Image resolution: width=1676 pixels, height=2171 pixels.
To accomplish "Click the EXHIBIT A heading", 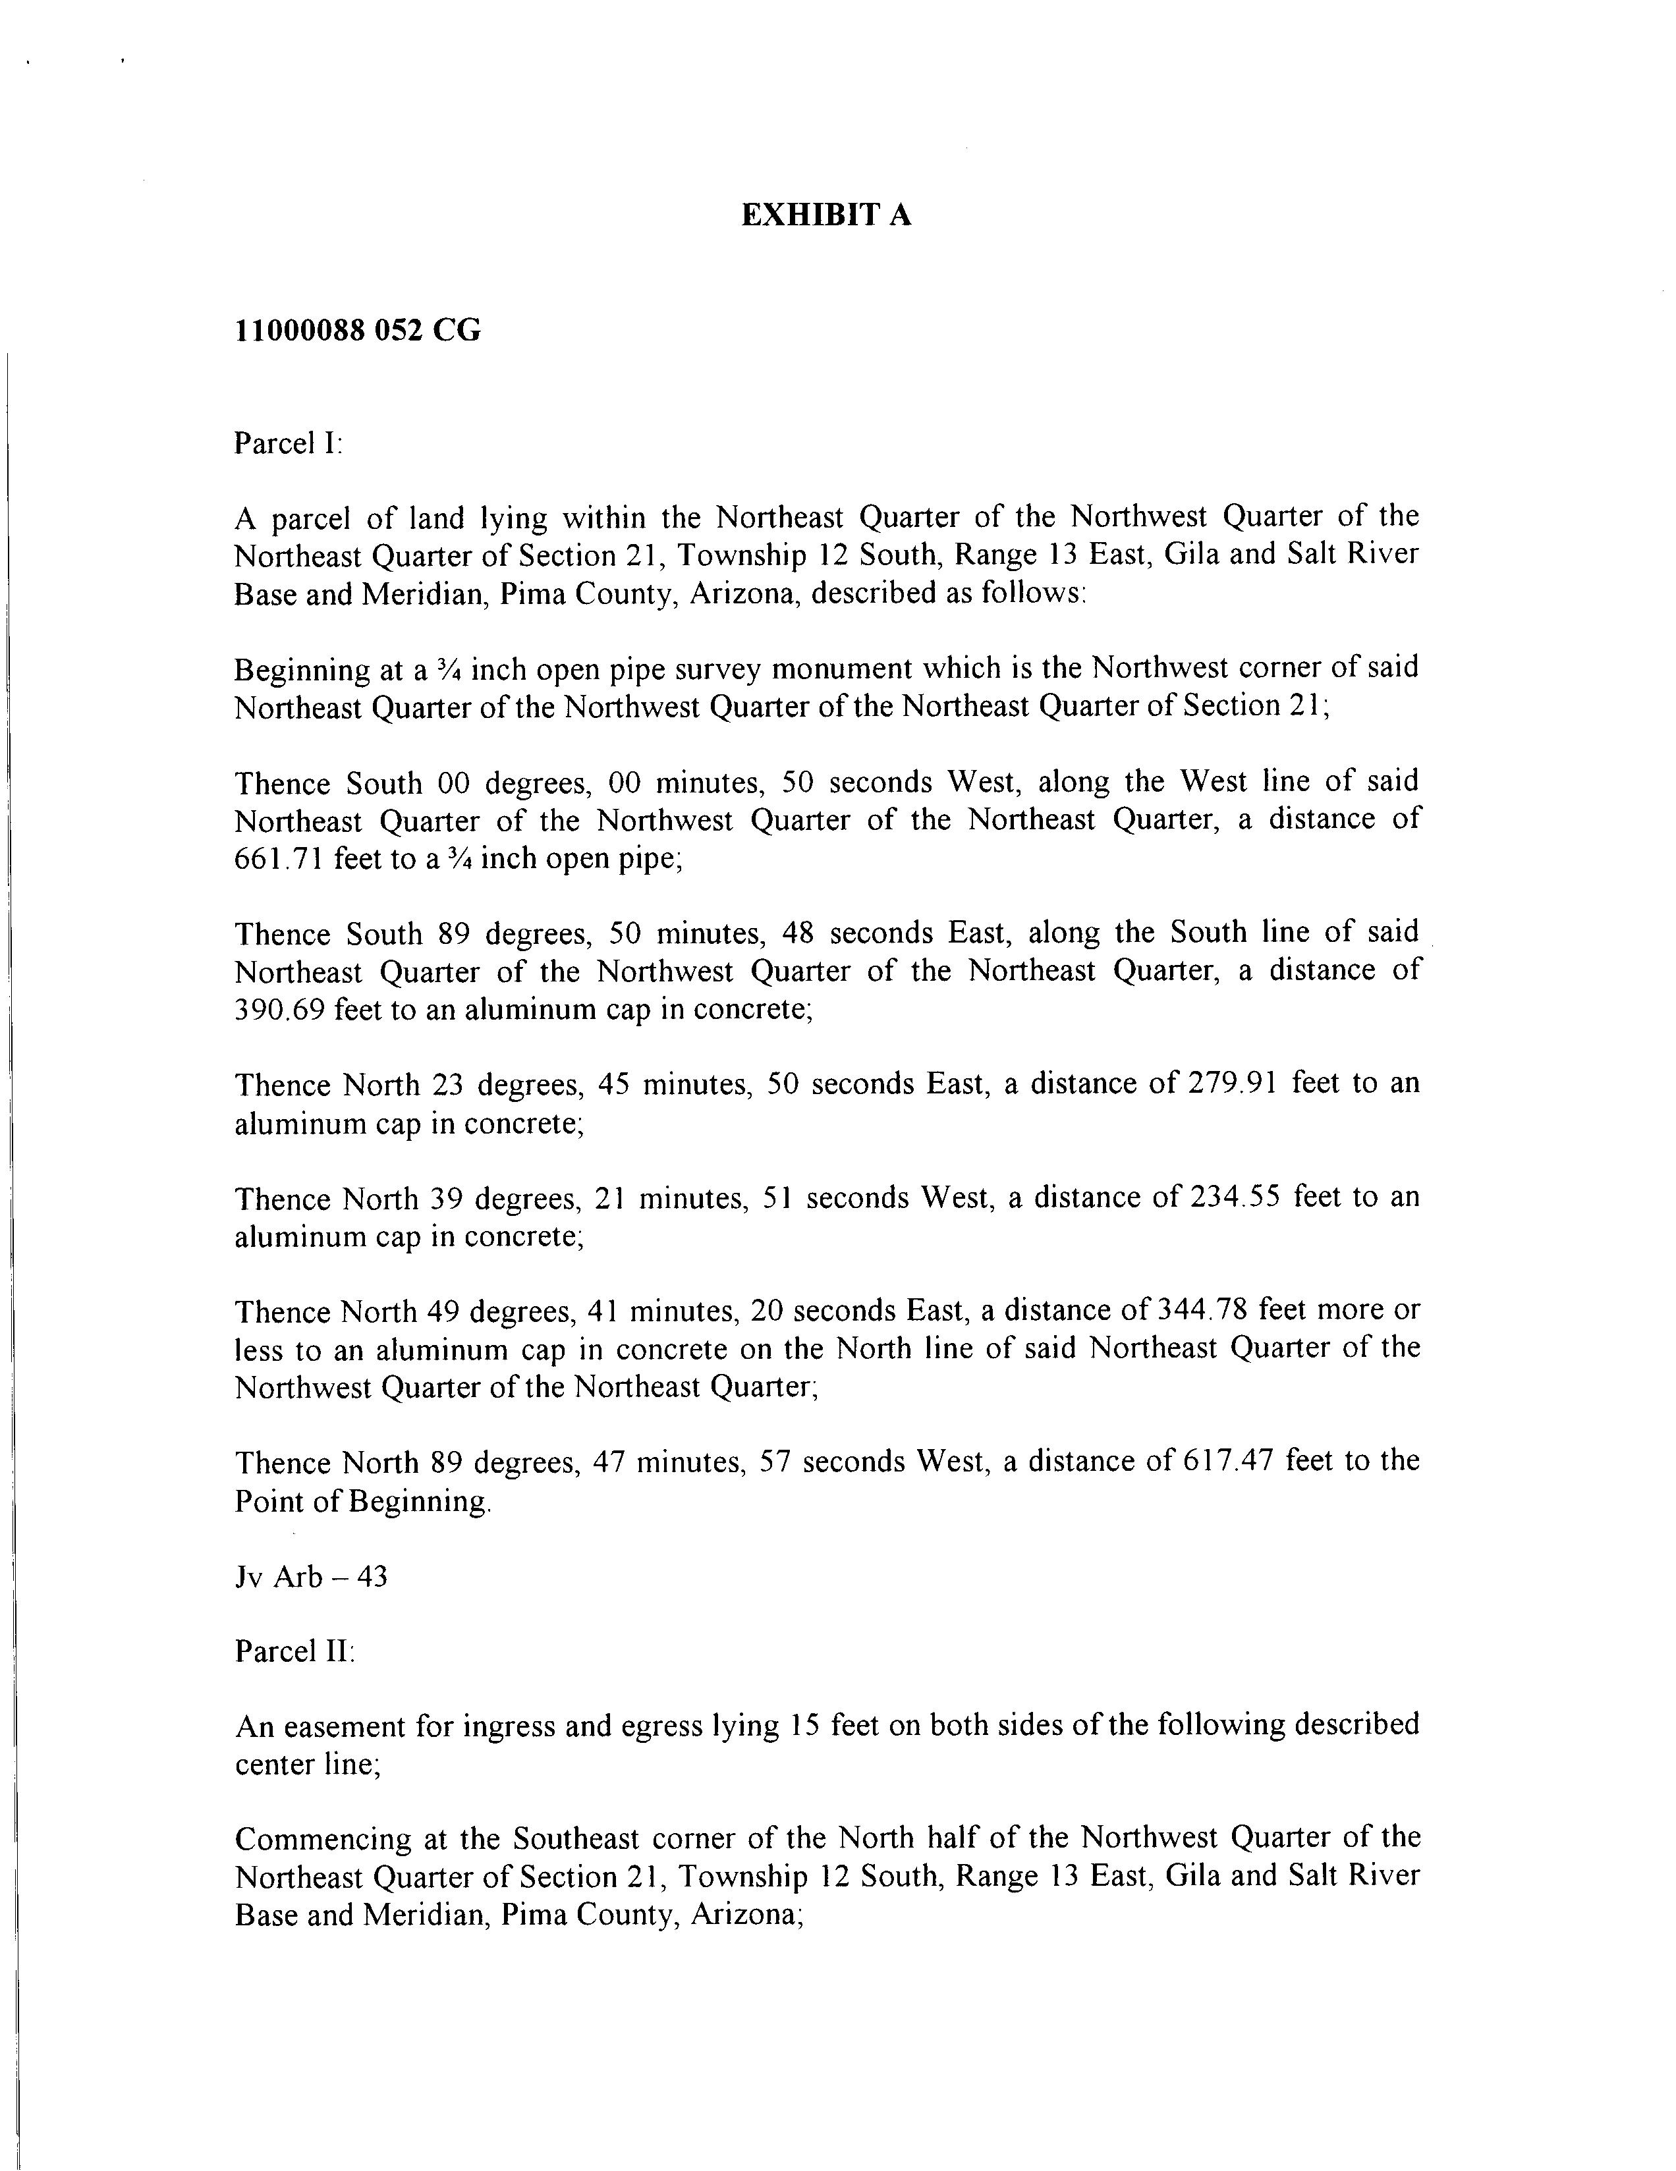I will (x=826, y=215).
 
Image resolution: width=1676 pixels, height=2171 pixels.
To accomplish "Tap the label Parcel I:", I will (x=287, y=443).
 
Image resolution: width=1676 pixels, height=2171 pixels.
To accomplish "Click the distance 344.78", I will (x=1202, y=1311).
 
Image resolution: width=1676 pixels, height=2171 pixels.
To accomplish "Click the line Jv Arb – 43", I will (x=310, y=1577).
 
